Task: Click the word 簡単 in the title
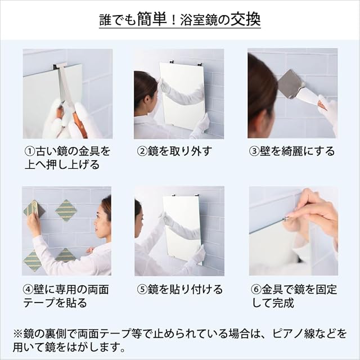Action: [152, 19]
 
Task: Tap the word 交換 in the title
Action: [246, 19]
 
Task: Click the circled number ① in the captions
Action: [30, 151]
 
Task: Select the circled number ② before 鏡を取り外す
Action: [142, 151]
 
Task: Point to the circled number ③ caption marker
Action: [254, 151]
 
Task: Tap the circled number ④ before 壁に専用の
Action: [28, 290]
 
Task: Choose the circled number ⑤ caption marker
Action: [142, 290]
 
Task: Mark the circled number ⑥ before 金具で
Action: [256, 290]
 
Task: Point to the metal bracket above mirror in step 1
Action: [60, 66]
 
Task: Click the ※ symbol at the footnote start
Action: [18, 334]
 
